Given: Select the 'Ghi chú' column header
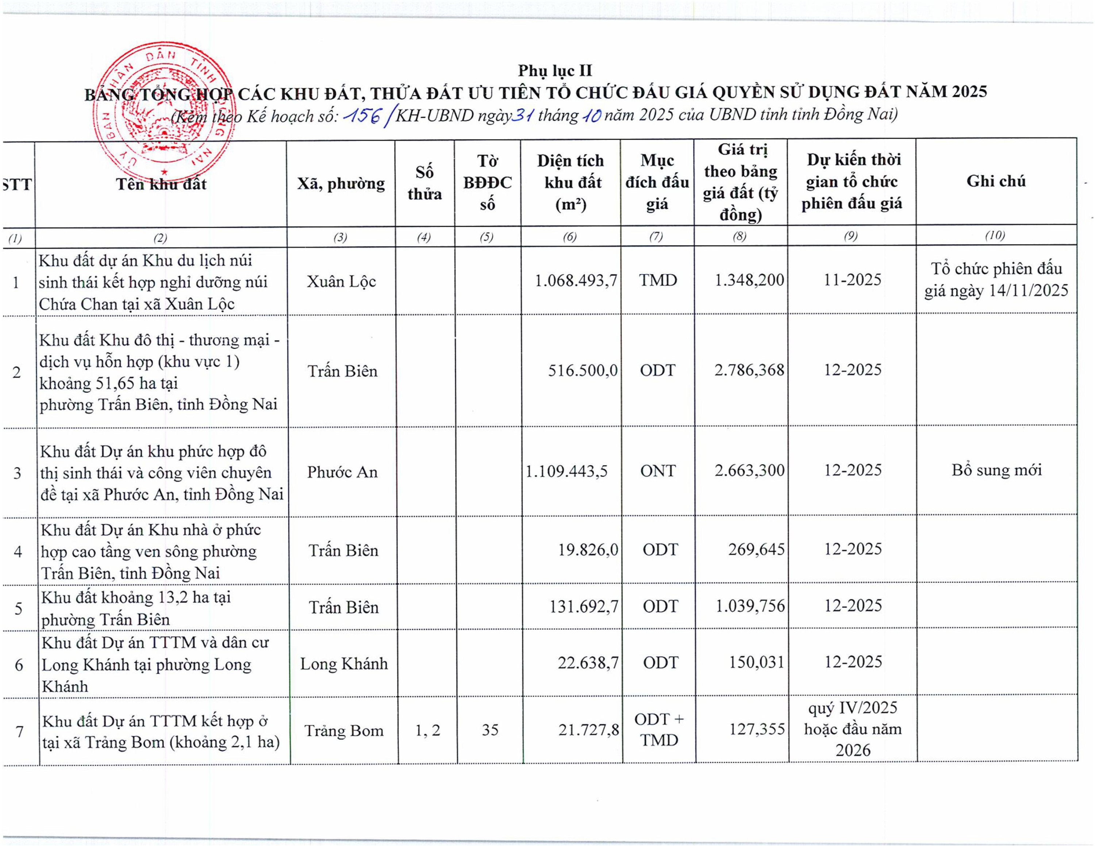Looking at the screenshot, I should point(996,181).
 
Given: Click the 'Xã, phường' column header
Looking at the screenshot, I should point(341,184).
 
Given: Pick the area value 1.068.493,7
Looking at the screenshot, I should point(576,280).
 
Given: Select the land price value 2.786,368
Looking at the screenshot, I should point(749,370).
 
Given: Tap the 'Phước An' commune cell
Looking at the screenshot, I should point(342,472).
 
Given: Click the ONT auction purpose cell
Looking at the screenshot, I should point(658,471).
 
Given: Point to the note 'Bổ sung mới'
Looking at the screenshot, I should point(996,470).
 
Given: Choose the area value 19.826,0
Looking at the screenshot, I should point(588,550).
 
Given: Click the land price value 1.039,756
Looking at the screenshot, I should point(750,606).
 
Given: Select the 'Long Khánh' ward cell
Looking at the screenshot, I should point(344,664).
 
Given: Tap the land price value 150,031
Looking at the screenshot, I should point(756,662).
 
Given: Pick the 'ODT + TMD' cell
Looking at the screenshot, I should point(659,730).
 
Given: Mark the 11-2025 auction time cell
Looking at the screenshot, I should point(852,280).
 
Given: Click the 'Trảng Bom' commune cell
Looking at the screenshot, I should point(344,731).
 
